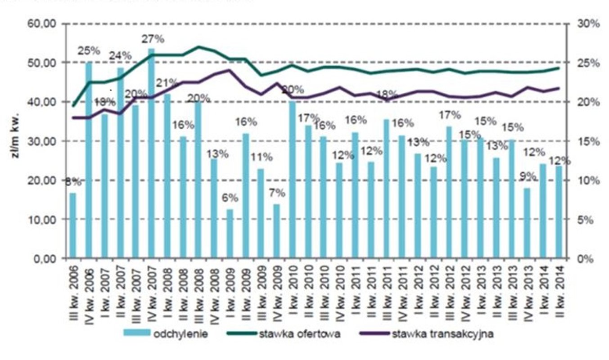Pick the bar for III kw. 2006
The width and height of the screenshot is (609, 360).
tap(73, 225)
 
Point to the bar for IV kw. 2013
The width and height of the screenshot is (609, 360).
tap(527, 223)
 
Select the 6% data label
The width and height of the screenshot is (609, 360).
tap(230, 198)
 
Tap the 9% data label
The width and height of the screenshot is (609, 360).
tap(527, 177)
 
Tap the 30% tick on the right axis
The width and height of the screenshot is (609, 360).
tap(589, 24)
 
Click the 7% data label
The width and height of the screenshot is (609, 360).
tap(277, 193)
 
